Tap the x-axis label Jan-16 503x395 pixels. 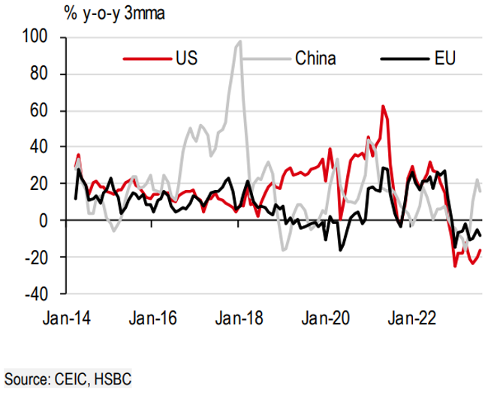(153, 319)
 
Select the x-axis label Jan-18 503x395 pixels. (238, 319)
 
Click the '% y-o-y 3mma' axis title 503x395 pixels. (71, 14)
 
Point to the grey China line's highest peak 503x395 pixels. (239, 41)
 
